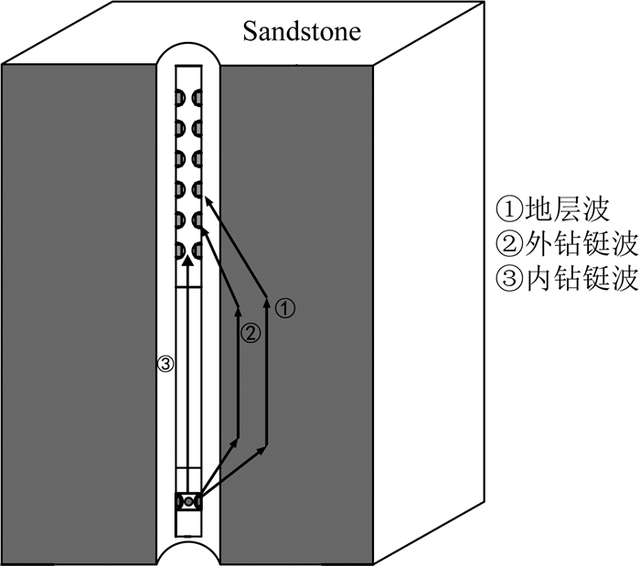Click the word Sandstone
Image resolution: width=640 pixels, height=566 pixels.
tap(302, 32)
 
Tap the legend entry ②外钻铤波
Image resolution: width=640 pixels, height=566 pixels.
tap(565, 245)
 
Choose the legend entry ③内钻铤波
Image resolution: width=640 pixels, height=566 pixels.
tap(565, 280)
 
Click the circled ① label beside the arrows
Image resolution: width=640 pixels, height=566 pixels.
tap(285, 308)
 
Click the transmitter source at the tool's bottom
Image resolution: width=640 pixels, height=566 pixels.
tap(188, 501)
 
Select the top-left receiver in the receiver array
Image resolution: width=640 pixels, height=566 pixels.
tap(181, 98)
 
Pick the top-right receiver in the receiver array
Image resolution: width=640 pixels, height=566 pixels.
tap(197, 98)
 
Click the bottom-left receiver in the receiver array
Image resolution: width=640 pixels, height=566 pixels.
tap(181, 250)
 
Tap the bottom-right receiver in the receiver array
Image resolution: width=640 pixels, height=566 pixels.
tap(197, 250)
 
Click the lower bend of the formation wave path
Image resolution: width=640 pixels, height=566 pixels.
tap(266, 447)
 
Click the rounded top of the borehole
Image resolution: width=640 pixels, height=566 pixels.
tap(188, 51)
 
